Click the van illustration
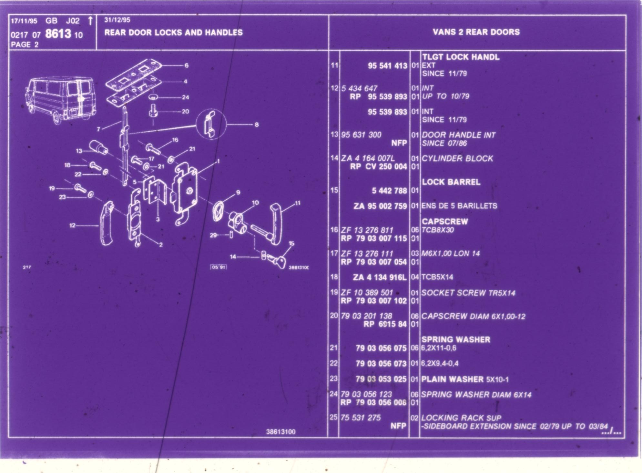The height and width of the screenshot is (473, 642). [61, 99]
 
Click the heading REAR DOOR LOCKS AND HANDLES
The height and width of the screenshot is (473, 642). [173, 33]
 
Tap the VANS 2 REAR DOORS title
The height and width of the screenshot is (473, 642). [476, 32]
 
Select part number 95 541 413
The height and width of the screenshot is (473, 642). [387, 66]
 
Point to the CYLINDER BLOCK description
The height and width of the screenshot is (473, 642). [457, 158]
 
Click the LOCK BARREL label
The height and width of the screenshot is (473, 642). [451, 182]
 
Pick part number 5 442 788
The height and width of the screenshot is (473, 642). [389, 191]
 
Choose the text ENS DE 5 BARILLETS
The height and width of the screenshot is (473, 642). [459, 206]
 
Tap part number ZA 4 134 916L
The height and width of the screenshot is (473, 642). [380, 277]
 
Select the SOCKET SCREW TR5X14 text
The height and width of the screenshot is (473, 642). [468, 293]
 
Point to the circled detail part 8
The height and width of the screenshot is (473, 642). [211, 124]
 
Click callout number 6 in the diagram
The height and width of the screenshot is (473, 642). [187, 65]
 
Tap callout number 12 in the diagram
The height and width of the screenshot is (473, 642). [72, 225]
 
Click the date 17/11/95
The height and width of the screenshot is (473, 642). [24, 21]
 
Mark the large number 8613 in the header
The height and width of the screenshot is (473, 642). [58, 34]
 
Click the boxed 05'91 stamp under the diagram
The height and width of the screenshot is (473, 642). [219, 267]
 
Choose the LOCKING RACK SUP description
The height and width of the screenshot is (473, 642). [461, 418]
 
